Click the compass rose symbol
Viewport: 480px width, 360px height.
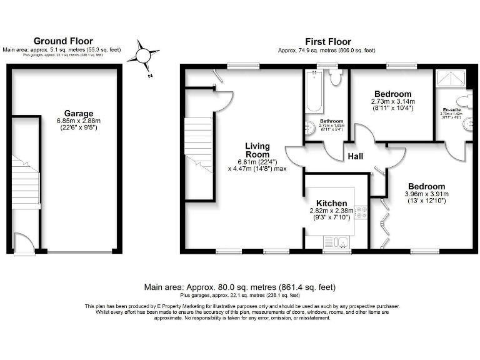point(142,56)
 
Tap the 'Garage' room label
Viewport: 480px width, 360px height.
point(78,113)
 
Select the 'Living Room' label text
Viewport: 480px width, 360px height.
point(257,149)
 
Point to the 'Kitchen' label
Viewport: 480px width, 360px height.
point(331,203)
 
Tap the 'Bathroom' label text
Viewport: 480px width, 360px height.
point(331,121)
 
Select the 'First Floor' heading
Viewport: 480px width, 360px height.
point(327,41)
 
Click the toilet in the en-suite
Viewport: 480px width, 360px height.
point(464,101)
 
